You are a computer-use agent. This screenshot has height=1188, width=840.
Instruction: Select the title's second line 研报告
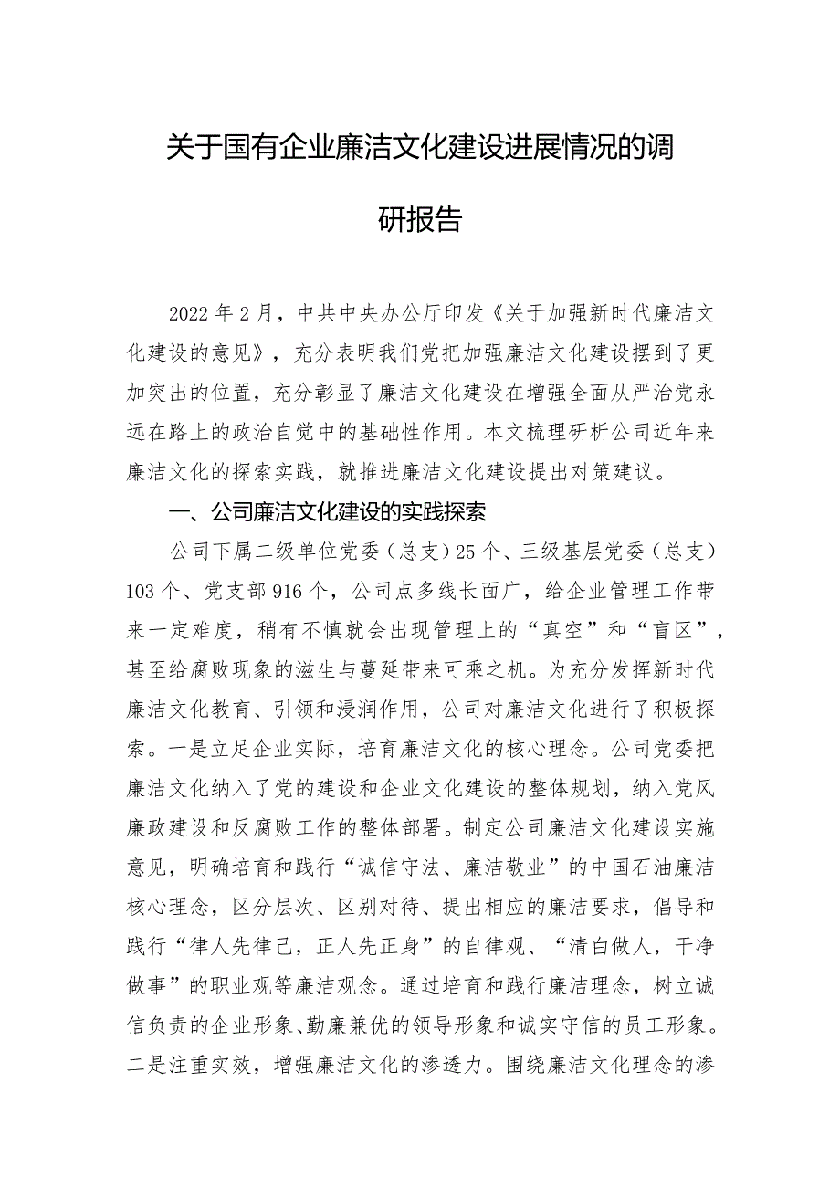pos(420,220)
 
